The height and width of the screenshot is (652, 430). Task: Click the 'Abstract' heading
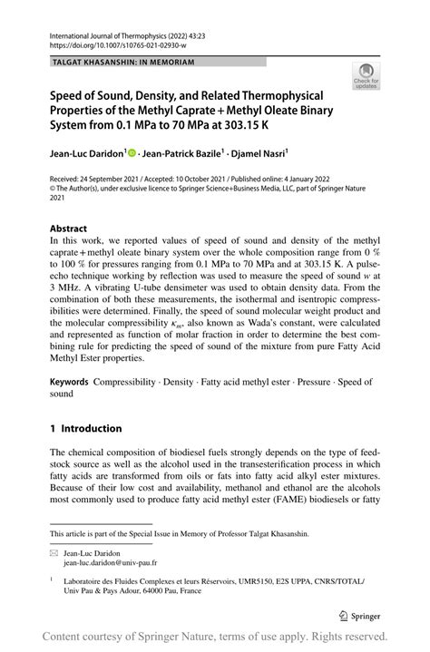click(x=69, y=228)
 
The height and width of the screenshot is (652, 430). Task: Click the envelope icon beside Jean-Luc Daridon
click(x=54, y=552)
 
